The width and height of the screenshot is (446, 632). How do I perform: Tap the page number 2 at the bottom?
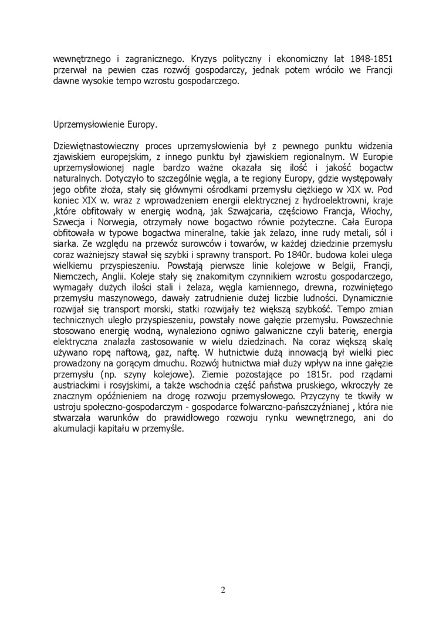point(223,590)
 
